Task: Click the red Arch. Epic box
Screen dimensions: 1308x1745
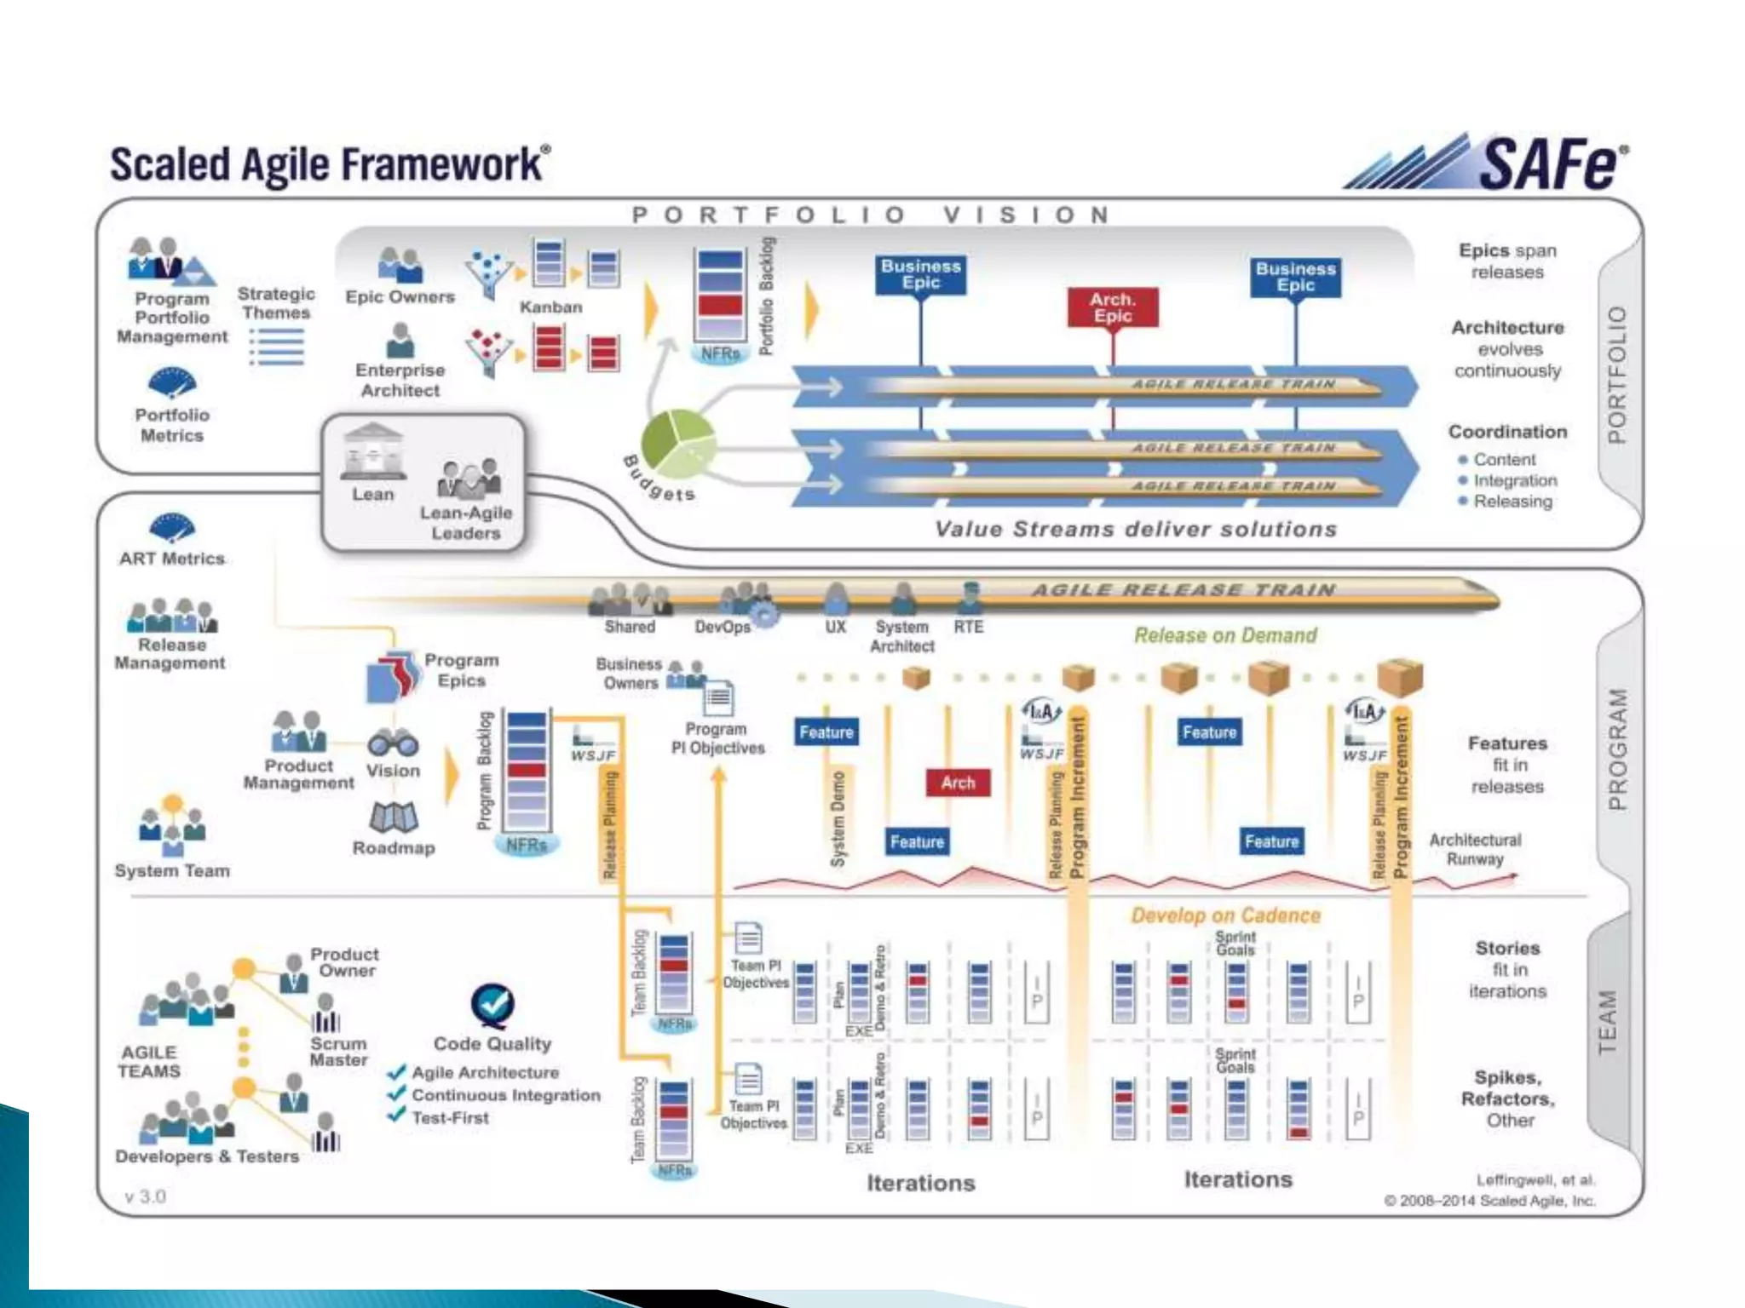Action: (x=1112, y=307)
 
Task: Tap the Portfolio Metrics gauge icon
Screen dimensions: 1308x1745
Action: (x=171, y=383)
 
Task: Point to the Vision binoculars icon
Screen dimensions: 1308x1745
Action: (x=393, y=743)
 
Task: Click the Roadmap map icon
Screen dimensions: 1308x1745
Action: (x=393, y=817)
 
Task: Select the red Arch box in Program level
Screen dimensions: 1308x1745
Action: (x=958, y=783)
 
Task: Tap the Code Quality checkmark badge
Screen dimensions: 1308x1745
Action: (x=492, y=1006)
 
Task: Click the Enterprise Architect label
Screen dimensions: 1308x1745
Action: (x=400, y=381)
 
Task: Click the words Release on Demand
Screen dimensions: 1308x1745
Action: (x=1224, y=635)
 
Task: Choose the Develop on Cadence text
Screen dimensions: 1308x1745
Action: (x=1224, y=915)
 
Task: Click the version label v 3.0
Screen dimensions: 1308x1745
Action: (x=146, y=1196)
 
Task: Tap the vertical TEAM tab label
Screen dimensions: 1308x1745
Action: (x=1607, y=1022)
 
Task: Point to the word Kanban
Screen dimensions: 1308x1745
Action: (x=550, y=307)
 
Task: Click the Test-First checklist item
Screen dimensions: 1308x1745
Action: (x=450, y=1118)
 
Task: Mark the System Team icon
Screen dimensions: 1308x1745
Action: (x=172, y=826)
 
